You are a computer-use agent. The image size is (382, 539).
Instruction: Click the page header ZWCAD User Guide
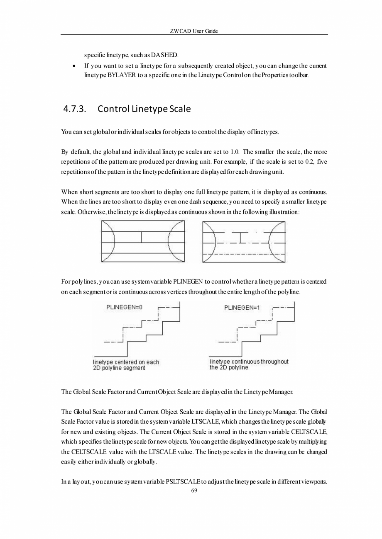[x=194, y=31]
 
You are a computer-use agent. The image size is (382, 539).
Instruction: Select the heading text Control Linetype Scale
[x=144, y=109]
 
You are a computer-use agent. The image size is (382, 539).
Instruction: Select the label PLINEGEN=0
[x=125, y=308]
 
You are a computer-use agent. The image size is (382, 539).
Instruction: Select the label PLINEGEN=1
[x=242, y=308]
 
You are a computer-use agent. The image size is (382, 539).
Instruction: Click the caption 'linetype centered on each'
[x=126, y=362]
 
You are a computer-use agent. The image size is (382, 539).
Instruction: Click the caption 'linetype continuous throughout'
[x=249, y=362]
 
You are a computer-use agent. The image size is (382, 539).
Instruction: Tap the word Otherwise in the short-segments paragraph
[x=90, y=211]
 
